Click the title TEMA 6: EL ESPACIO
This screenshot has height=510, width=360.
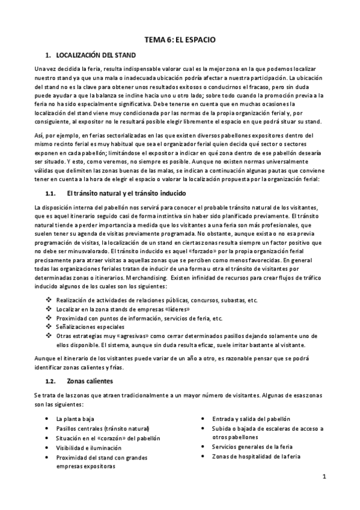[x=180, y=40]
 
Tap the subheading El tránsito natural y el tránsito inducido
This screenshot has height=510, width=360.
[x=126, y=194]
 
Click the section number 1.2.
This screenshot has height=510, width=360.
[x=50, y=381]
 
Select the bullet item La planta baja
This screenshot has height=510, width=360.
[x=75, y=419]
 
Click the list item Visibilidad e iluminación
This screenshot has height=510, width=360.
[x=88, y=447]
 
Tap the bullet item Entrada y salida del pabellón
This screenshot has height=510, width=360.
[x=251, y=419]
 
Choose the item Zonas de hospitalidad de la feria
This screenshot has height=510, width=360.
[x=255, y=456]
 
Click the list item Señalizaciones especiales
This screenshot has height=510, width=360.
[x=90, y=327]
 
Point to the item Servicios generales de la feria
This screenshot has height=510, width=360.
[x=252, y=447]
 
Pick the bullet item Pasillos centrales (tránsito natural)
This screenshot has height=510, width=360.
[x=103, y=428]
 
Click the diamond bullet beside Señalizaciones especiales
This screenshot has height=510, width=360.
[x=49, y=327]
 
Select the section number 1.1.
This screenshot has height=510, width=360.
[x=50, y=194]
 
